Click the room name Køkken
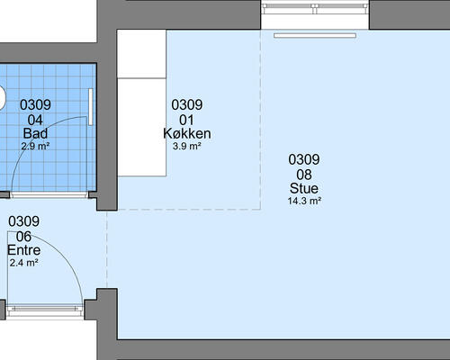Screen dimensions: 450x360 click(x=187, y=133)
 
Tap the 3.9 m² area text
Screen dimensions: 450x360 click(x=186, y=147)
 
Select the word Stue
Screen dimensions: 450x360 click(x=304, y=188)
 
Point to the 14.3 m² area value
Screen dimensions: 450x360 click(x=304, y=201)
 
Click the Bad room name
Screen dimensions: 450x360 click(x=35, y=133)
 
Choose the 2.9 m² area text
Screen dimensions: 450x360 click(x=35, y=146)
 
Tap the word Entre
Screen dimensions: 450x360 click(x=24, y=250)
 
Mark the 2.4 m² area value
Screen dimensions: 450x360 click(x=23, y=263)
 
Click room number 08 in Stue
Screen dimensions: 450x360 click(x=304, y=175)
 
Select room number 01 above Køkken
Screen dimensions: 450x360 click(x=186, y=120)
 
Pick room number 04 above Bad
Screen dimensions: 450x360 click(x=35, y=120)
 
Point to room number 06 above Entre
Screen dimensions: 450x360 click(x=23, y=237)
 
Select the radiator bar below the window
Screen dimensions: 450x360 click(x=315, y=36)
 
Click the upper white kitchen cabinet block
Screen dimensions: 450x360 click(x=141, y=54)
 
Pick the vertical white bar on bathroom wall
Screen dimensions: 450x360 click(x=90, y=107)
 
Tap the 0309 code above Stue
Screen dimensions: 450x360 click(x=304, y=159)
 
